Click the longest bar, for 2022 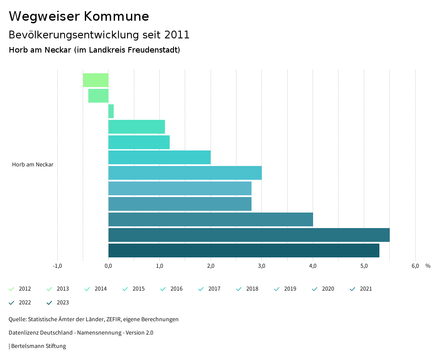249,235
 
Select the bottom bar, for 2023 244,250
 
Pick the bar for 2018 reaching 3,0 185,173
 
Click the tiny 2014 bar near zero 111,111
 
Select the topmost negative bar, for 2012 96,80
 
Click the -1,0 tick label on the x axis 57,266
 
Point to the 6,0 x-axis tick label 415,266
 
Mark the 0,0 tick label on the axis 109,266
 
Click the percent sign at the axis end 428,266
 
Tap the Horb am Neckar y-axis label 33,165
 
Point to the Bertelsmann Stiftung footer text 38,346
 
